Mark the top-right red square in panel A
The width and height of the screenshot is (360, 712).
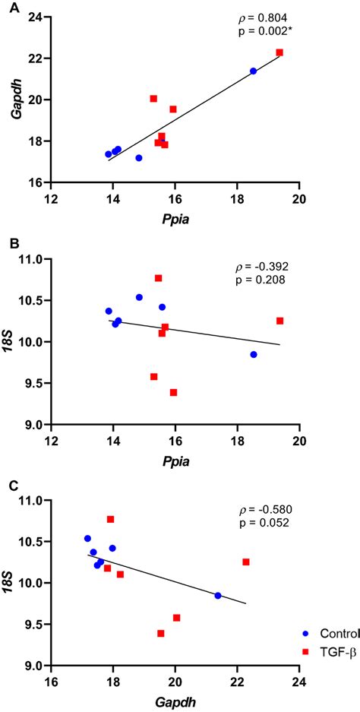pos(279,52)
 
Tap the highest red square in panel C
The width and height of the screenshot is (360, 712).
pos(110,519)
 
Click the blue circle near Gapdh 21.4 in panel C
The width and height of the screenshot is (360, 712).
pos(218,596)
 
